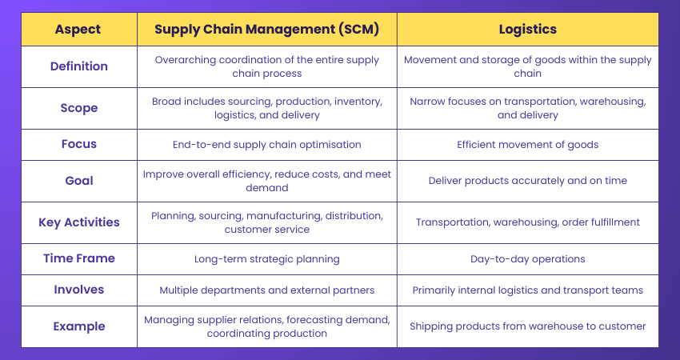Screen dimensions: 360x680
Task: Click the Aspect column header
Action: coord(78,29)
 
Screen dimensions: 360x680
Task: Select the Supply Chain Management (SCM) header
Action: coord(267,29)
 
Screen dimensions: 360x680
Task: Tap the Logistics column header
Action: coord(527,29)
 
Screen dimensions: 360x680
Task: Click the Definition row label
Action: coord(78,66)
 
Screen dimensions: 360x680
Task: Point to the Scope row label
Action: coord(78,108)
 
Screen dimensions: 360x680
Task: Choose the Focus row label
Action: coord(78,144)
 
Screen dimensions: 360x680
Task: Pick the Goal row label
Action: coord(78,181)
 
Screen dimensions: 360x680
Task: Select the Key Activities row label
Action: coord(78,222)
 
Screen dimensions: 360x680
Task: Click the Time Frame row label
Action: coord(78,258)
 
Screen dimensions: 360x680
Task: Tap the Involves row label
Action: coord(78,290)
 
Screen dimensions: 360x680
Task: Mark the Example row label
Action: coord(78,326)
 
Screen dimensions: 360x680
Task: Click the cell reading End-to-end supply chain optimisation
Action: coord(267,144)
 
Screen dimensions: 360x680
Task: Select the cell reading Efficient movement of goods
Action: coord(527,144)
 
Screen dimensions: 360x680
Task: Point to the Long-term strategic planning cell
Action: coord(267,258)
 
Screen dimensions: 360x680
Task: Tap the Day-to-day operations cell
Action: coord(527,258)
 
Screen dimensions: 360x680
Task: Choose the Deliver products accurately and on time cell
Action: coord(527,181)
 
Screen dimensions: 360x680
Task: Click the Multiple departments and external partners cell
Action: coord(267,290)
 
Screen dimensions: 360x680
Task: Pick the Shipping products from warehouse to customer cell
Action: coord(527,326)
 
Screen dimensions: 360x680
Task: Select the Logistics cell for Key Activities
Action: coord(527,222)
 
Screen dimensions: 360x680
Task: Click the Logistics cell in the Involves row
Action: coord(527,290)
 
